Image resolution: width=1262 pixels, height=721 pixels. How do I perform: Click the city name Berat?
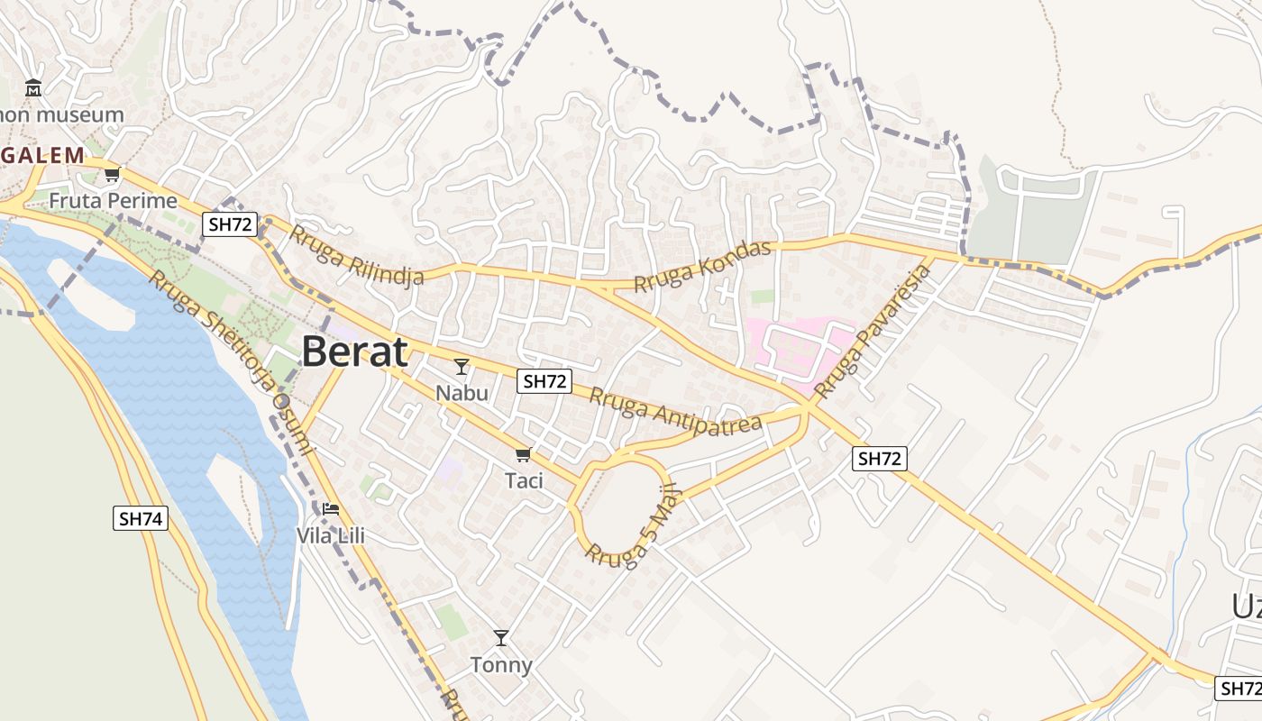[354, 351]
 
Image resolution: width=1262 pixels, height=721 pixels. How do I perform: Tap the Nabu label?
[462, 393]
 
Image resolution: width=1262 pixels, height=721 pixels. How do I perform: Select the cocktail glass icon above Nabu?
[462, 366]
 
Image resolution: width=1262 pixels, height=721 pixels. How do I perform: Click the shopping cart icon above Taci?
[523, 454]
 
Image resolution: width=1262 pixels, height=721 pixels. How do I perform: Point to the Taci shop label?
[524, 480]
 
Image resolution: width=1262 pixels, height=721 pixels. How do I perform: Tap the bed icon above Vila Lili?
[331, 509]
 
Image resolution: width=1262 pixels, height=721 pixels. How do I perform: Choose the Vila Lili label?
[331, 535]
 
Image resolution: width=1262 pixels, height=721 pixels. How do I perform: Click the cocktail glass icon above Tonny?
[501, 638]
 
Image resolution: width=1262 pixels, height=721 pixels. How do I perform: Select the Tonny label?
[501, 665]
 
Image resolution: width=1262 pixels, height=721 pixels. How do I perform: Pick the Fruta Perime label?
[113, 200]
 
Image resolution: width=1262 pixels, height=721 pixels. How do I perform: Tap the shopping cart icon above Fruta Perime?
[112, 174]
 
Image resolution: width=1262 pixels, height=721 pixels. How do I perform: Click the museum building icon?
[33, 88]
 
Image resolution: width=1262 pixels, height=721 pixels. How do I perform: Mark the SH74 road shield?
[141, 518]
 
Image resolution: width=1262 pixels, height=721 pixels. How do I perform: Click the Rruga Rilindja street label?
[357, 255]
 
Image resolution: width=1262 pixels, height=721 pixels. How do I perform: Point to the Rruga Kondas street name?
[703, 266]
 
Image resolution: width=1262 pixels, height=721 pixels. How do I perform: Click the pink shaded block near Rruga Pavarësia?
[798, 347]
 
